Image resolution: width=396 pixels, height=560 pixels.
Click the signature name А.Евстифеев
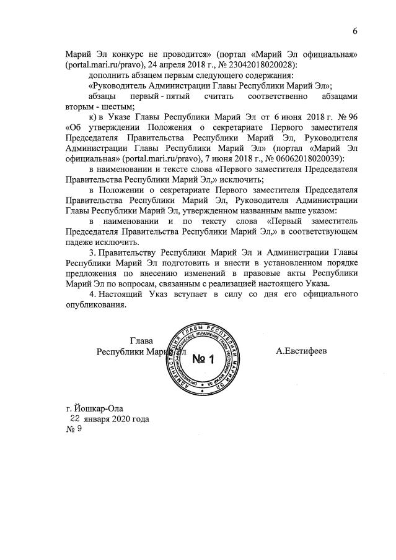(302, 350)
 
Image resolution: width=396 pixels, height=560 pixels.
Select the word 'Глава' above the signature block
(142, 340)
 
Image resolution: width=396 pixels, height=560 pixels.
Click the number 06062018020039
(303, 159)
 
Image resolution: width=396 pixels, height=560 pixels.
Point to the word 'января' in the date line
(99, 419)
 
